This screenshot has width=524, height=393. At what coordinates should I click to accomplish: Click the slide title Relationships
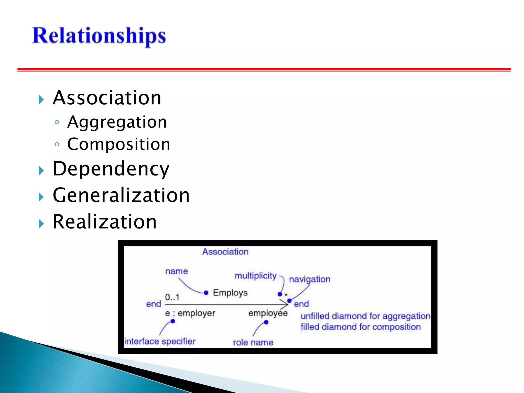(x=99, y=36)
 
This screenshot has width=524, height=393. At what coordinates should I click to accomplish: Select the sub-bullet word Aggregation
(x=117, y=122)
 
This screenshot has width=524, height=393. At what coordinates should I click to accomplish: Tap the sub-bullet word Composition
(x=119, y=144)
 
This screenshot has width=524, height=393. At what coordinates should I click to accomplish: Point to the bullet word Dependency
(x=111, y=169)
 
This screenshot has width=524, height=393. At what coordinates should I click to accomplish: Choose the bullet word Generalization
(x=121, y=195)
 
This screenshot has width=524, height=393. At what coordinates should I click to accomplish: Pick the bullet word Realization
(x=105, y=222)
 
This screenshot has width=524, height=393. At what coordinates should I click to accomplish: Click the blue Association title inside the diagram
(x=225, y=252)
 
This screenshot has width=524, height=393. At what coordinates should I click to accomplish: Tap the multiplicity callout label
(x=256, y=276)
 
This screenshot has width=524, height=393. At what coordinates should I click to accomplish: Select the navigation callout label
(x=310, y=279)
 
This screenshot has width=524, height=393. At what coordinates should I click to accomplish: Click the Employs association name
(x=230, y=292)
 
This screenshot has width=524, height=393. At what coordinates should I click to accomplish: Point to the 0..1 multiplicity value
(x=172, y=297)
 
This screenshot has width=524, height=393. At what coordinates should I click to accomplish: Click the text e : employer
(x=190, y=313)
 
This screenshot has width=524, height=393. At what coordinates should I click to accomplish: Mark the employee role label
(x=268, y=313)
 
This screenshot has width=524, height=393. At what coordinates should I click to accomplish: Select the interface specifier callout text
(x=160, y=341)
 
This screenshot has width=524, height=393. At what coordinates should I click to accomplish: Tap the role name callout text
(x=253, y=342)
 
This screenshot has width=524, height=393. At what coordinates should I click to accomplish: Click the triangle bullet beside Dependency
(x=41, y=170)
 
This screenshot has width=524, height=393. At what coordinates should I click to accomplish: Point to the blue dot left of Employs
(x=206, y=293)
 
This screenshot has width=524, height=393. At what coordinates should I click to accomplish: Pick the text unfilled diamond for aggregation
(x=365, y=316)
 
